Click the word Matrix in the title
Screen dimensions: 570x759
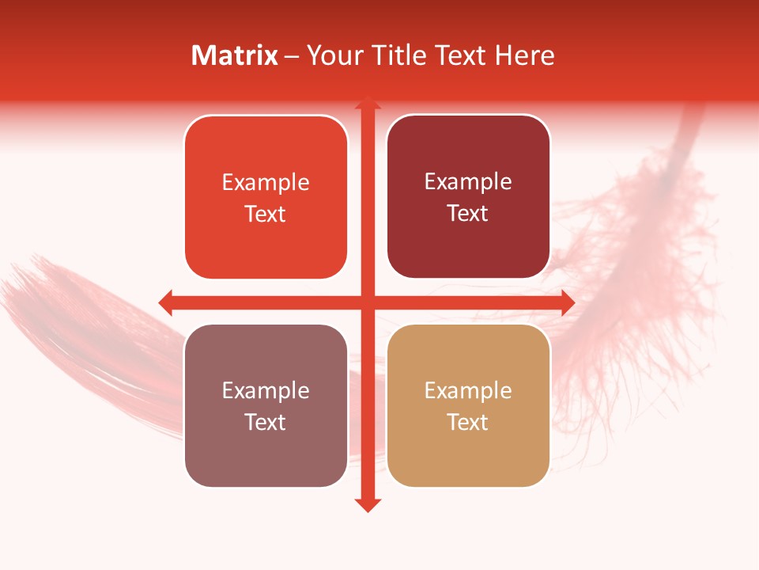pyautogui.click(x=235, y=55)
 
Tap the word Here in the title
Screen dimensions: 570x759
pyautogui.click(x=524, y=55)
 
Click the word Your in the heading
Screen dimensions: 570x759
pyautogui.click(x=333, y=55)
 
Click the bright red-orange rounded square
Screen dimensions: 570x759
pyautogui.click(x=266, y=198)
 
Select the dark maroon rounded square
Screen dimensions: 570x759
pyautogui.click(x=468, y=197)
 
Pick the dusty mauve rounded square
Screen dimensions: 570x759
pyautogui.click(x=266, y=405)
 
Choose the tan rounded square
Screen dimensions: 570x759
pyautogui.click(x=468, y=405)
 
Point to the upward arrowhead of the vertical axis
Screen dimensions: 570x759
pyautogui.click(x=367, y=102)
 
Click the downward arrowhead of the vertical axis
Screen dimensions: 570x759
pyautogui.click(x=367, y=504)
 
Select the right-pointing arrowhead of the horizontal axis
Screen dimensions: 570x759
pyautogui.click(x=567, y=302)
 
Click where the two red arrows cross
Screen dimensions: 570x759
pyautogui.click(x=367, y=302)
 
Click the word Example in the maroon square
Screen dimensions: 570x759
pyautogui.click(x=468, y=181)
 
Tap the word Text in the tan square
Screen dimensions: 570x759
pyautogui.click(x=468, y=422)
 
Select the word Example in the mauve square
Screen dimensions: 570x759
pyautogui.click(x=266, y=390)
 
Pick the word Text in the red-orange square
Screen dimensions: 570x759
pyautogui.click(x=266, y=214)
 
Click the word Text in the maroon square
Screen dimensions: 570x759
pyautogui.click(x=468, y=213)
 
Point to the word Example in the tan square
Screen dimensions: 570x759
pyautogui.click(x=468, y=390)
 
